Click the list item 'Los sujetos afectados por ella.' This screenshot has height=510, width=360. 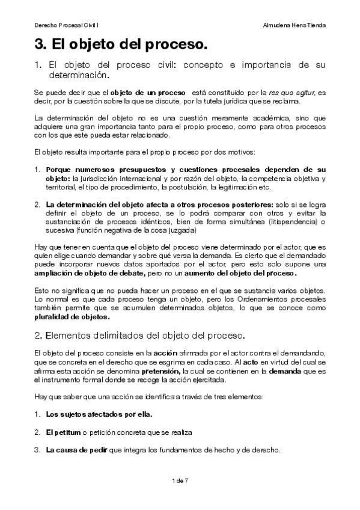99,414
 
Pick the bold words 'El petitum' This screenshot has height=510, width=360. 63,432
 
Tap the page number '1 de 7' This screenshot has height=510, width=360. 180,481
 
